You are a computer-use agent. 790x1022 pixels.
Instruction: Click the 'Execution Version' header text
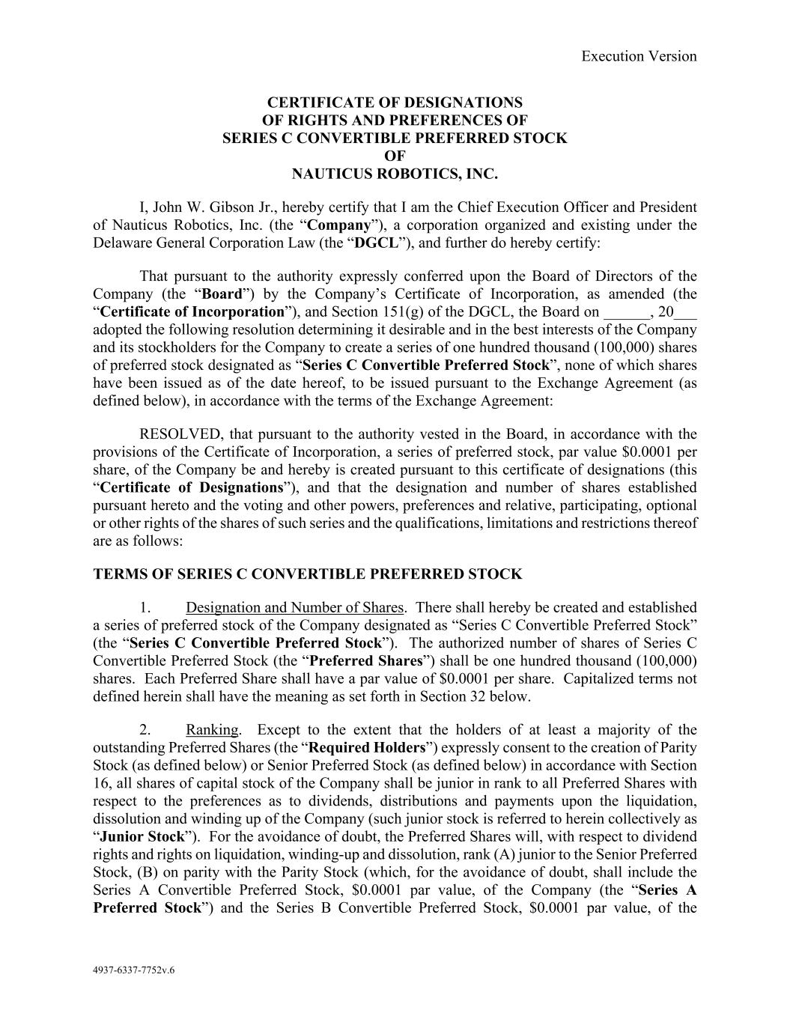pos(639,56)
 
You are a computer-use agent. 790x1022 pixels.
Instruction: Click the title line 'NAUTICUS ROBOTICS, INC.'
pos(395,174)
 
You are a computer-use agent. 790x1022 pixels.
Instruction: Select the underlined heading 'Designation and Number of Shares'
pos(294,607)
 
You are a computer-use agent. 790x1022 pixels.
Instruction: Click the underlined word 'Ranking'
pos(213,730)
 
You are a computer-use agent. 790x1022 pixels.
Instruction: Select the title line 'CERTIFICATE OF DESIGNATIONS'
pos(395,103)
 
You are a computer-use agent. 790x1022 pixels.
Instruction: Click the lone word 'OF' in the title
pos(395,156)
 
